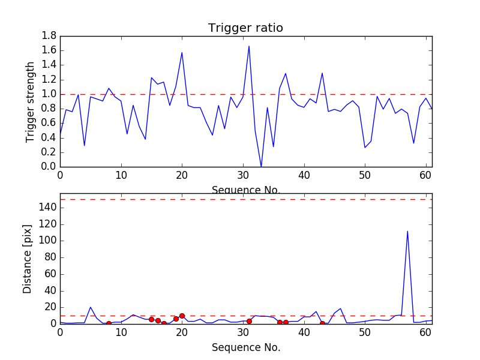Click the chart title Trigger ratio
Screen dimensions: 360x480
point(245,28)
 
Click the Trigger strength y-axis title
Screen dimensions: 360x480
point(31,101)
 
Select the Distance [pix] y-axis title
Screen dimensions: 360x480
point(28,259)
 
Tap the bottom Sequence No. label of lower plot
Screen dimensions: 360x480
point(245,347)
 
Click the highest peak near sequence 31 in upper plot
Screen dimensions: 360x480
point(249,46)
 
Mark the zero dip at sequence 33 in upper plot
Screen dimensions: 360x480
point(261,166)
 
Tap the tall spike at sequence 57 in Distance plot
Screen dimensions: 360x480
point(408,231)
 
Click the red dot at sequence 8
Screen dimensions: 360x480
point(109,323)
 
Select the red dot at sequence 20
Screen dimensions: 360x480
point(182,316)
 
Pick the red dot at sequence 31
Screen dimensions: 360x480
point(249,321)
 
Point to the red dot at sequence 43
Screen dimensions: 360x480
point(322,323)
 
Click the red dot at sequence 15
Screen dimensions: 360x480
point(151,319)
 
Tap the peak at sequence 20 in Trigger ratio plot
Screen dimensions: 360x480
point(182,53)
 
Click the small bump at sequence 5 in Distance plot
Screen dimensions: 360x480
point(91,307)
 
